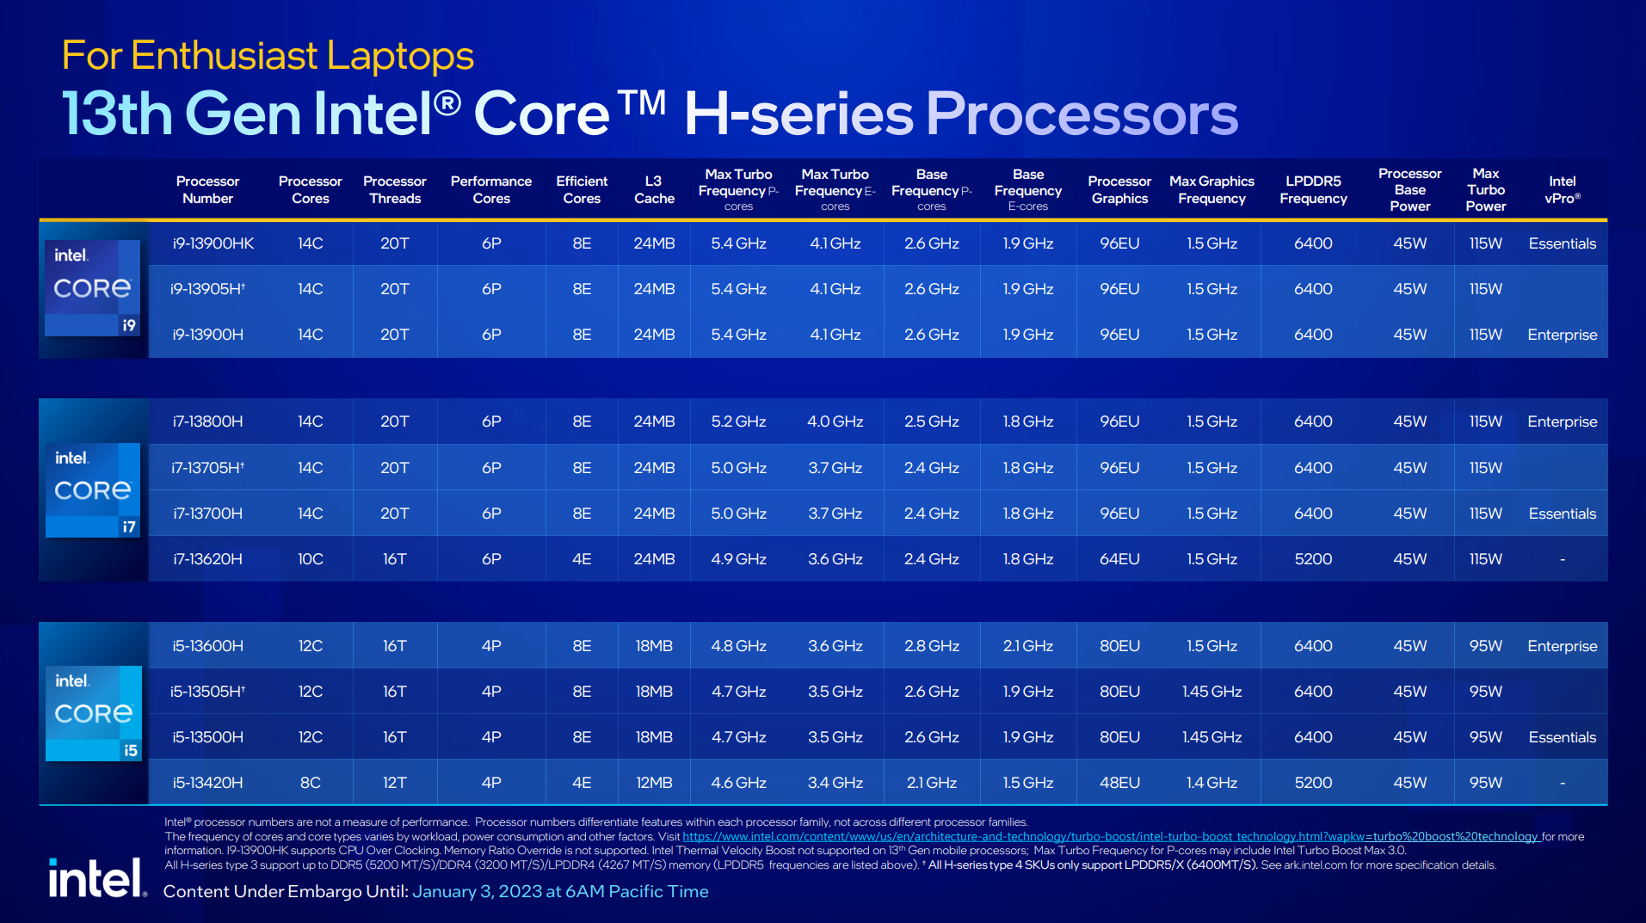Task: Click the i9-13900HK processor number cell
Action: tap(213, 243)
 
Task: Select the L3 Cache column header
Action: tap(654, 189)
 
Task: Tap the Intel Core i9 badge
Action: tap(93, 287)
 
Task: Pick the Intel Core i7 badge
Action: tap(93, 489)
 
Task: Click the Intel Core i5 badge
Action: tap(93, 712)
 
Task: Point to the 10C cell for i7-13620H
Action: tap(310, 559)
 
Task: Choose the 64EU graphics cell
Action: tap(1119, 559)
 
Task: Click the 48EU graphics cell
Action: tap(1119, 783)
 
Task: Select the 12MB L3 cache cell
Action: tap(654, 783)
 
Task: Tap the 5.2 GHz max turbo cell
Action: tap(738, 422)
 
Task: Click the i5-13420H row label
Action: tap(207, 783)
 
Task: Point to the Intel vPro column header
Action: tap(1562, 189)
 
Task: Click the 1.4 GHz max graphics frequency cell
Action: tap(1211, 783)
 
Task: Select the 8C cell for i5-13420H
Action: tap(310, 783)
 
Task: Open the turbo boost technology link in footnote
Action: tap(1110, 836)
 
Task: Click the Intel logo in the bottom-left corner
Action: tap(96, 878)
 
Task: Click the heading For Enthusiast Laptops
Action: tap(268, 56)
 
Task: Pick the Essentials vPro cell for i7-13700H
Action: tap(1562, 514)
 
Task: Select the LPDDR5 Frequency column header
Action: tap(1313, 189)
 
